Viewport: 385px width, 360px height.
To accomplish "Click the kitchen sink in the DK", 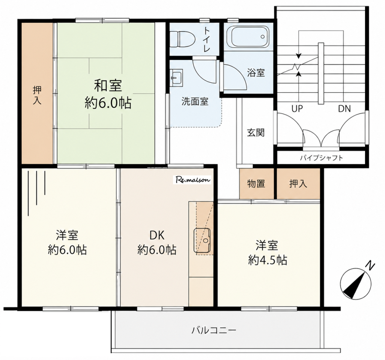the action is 202,240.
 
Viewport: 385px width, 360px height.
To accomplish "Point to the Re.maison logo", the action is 193,180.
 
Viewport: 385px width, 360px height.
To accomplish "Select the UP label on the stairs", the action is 297,108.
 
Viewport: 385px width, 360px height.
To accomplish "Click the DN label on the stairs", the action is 344,108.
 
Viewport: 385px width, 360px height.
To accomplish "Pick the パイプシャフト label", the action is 321,157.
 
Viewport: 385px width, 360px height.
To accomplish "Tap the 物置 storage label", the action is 256,183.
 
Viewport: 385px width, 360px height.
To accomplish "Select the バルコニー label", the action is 214,330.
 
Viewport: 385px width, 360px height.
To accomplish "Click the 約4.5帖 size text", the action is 268,260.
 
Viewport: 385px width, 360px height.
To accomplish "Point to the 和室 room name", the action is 108,85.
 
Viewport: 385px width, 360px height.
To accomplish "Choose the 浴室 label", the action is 256,73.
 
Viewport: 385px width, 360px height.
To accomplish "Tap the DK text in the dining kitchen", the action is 157,235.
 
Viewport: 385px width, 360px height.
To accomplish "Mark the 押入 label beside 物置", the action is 298,183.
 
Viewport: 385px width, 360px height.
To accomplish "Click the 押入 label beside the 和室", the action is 37,96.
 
